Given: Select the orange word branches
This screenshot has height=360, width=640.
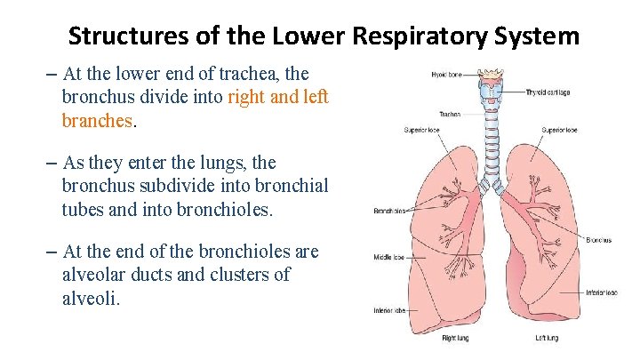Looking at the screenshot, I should coord(97,119).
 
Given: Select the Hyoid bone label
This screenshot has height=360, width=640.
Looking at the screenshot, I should coord(446,75).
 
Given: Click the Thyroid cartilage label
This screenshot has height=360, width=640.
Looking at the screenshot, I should coord(548,92).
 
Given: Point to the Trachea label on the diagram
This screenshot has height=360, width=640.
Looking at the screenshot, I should coord(449,114).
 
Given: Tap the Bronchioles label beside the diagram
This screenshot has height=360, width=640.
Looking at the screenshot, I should coord(390,211).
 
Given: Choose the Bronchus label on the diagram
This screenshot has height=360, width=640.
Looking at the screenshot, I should coord(599,239).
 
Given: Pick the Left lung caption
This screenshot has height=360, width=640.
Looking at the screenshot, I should coord(546,338).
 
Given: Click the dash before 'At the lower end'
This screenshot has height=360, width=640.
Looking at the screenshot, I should coord(49,74).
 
